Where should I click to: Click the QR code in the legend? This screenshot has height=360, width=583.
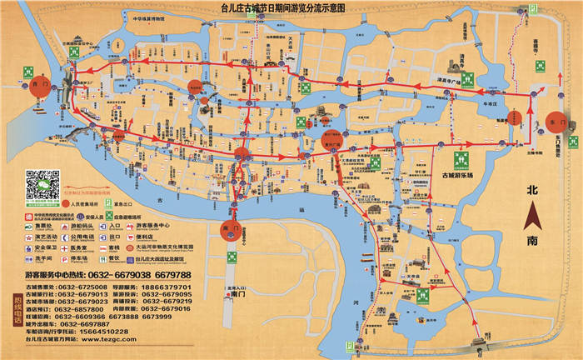[43, 185]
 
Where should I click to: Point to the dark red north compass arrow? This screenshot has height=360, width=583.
[533, 217]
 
